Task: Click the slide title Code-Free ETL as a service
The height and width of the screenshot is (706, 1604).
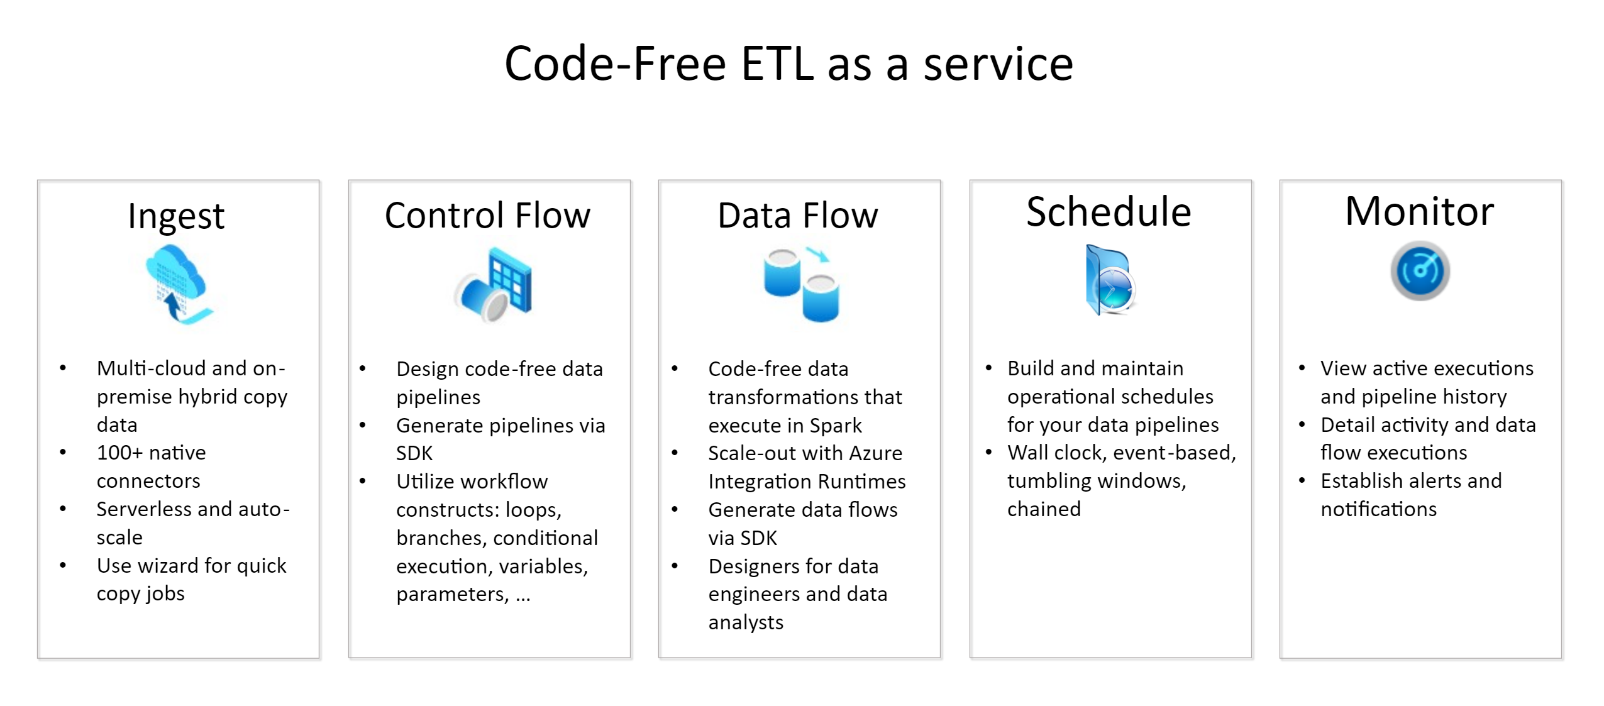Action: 788,64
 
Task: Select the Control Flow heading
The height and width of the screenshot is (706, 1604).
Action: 487,216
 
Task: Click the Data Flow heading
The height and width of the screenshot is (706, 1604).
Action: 797,216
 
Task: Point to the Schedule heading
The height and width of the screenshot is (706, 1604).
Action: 1109,212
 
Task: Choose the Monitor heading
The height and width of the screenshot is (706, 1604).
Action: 1419,211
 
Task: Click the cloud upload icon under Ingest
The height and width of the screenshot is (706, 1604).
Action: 177,284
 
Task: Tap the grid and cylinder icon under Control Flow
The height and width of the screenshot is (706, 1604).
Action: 493,284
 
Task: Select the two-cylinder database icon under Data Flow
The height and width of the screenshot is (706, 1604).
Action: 800,284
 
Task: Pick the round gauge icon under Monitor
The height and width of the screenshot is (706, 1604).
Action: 1419,271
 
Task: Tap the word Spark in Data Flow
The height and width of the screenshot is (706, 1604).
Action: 835,426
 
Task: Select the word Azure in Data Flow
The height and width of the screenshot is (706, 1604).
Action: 873,453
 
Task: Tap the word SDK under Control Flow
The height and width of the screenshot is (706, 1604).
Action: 414,453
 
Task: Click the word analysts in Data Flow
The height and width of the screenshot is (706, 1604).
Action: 746,622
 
